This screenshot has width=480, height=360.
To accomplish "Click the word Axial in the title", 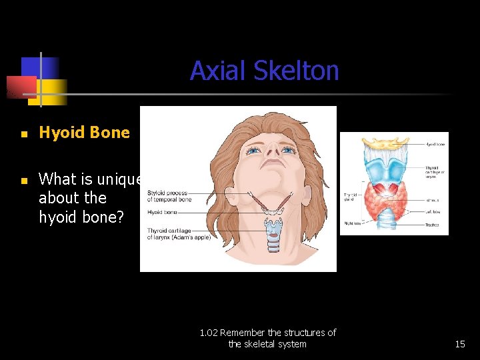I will (x=215, y=71).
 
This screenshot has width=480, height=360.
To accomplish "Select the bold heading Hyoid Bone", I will (x=84, y=132).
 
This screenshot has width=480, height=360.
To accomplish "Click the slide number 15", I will (x=459, y=344).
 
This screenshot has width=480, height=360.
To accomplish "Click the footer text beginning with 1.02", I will (x=267, y=338).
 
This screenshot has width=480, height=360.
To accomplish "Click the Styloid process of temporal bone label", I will (x=169, y=196).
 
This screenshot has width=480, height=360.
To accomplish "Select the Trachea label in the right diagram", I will (x=431, y=225).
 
